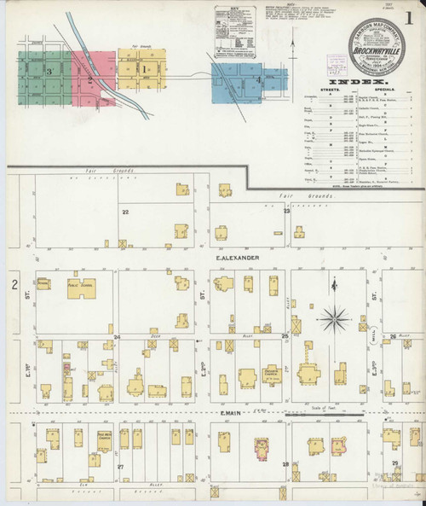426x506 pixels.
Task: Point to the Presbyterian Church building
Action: pos(248,378)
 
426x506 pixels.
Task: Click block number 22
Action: pos(125,211)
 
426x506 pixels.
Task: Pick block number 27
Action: pos(121,467)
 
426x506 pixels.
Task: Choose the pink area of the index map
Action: pos(89,78)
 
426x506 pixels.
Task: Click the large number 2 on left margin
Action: pos(14,284)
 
